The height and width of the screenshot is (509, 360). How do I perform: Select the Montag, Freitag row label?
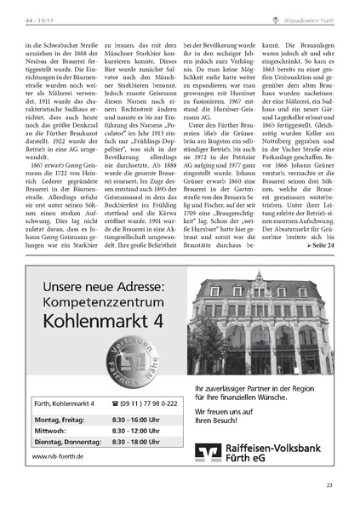tap(60, 420)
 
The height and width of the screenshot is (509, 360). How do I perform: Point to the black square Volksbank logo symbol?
tap(208, 452)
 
